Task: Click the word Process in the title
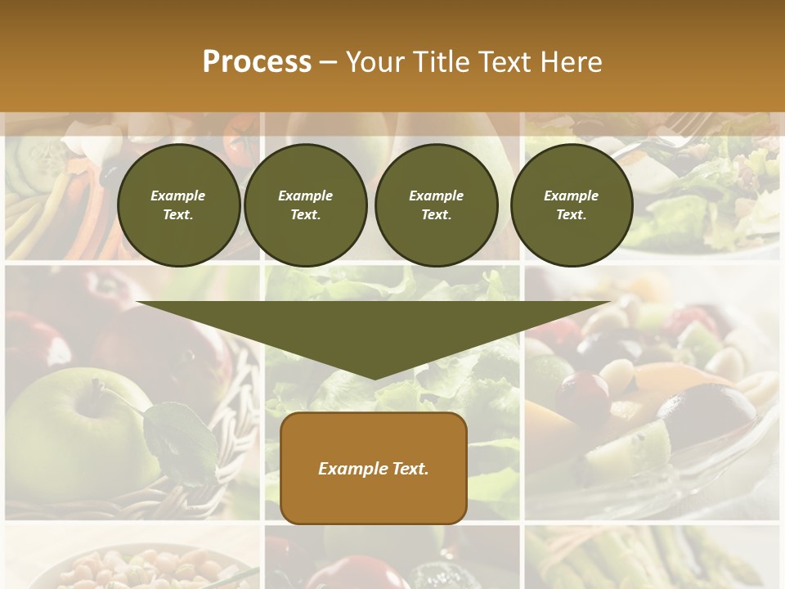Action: click(x=257, y=62)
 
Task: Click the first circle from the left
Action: click(x=178, y=205)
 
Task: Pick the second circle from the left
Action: click(x=305, y=205)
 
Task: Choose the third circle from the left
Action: click(x=436, y=205)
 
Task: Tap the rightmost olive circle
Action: click(x=571, y=205)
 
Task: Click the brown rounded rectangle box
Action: click(x=374, y=468)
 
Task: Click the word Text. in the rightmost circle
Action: click(x=571, y=215)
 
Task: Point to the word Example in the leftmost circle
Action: click(x=178, y=196)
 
